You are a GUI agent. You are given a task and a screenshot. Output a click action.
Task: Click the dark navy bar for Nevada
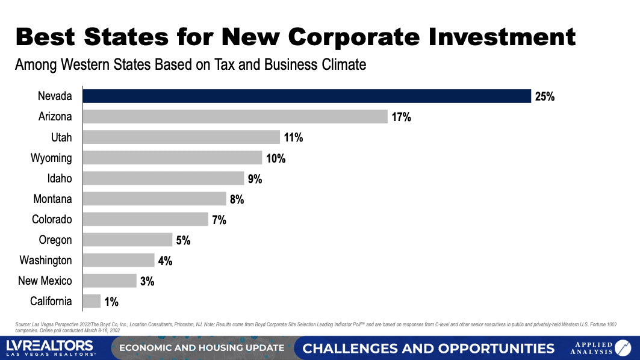pyautogui.click(x=306, y=96)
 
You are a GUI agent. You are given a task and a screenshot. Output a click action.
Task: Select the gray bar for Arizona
pyautogui.click(x=235, y=117)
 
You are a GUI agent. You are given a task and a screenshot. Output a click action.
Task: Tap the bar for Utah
pyautogui.click(x=181, y=137)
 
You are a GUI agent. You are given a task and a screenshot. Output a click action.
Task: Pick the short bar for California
pyautogui.click(x=92, y=301)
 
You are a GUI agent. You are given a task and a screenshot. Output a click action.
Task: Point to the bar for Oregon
pyautogui.click(x=127, y=240)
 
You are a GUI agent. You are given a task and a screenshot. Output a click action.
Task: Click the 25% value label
pyautogui.click(x=544, y=96)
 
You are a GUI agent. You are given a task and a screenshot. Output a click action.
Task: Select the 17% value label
pyautogui.click(x=401, y=117)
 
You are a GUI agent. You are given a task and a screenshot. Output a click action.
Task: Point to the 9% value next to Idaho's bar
pyautogui.click(x=255, y=178)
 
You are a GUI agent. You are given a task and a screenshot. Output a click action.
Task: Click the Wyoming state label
pyautogui.click(x=51, y=158)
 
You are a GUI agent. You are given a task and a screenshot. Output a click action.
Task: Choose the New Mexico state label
pyautogui.click(x=45, y=281)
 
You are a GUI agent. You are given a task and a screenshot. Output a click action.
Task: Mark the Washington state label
pyautogui.click(x=46, y=260)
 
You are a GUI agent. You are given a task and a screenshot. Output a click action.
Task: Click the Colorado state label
pyautogui.click(x=52, y=219)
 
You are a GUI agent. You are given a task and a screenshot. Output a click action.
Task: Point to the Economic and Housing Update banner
pyautogui.click(x=202, y=348)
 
